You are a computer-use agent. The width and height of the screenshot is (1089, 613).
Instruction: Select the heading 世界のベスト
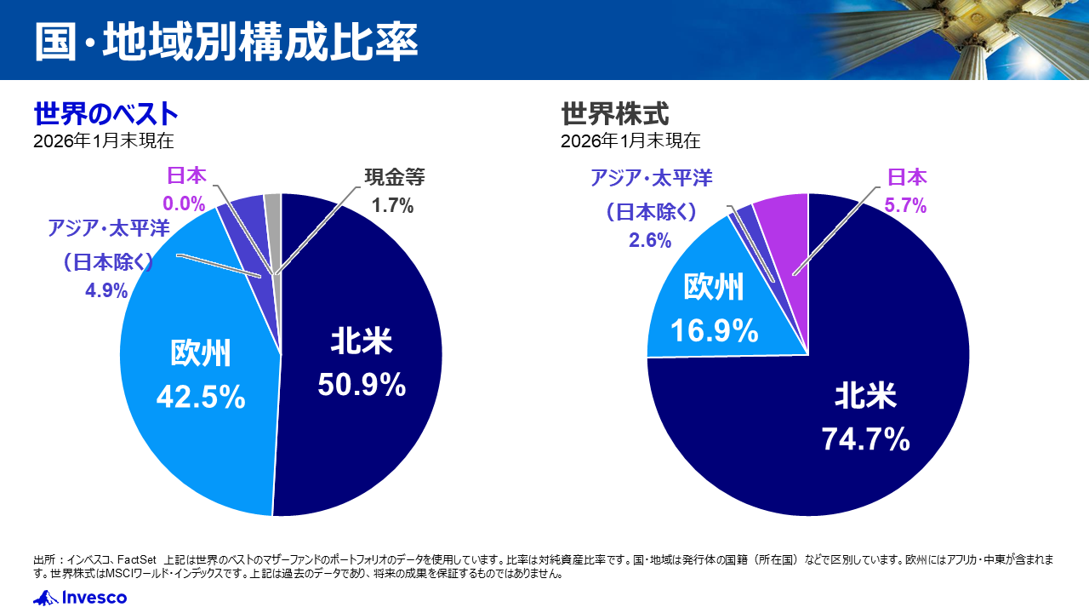coord(105,113)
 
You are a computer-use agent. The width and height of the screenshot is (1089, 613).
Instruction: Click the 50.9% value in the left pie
coord(362,386)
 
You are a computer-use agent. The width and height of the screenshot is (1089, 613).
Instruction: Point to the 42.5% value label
coord(201,397)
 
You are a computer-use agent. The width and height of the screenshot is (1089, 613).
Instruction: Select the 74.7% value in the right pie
coord(865,439)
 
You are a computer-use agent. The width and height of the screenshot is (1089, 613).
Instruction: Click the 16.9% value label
coord(714,330)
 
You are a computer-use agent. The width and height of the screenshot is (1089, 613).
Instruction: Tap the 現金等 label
coord(394,178)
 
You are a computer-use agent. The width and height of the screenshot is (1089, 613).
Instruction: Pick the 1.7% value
coord(392,205)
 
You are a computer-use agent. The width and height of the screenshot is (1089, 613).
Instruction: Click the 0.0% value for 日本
coord(185,203)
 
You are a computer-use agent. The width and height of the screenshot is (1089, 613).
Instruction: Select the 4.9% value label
coord(106,290)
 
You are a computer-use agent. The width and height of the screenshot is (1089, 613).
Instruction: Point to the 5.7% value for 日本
coord(907,205)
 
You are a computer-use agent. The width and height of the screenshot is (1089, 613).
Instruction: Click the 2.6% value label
coord(650,240)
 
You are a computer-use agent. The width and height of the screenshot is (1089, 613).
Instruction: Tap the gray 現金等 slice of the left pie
coord(273,204)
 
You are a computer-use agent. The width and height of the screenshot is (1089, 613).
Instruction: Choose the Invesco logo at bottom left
coord(80,598)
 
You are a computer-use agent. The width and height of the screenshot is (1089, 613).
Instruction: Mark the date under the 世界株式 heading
coord(630,140)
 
